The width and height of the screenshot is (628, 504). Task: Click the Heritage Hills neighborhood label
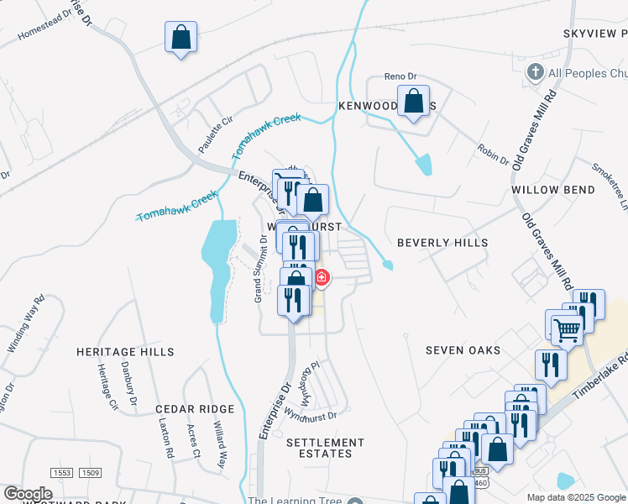125,352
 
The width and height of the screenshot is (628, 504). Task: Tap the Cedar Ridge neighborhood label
195,409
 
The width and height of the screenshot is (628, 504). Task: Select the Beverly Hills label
442,243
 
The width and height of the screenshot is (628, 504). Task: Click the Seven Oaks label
463,350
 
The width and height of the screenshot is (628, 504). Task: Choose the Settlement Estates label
325,448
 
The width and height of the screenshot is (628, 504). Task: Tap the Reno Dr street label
400,77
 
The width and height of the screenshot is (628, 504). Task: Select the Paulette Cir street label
214,134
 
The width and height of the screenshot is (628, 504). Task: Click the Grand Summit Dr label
260,268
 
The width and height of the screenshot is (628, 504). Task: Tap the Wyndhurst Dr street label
310,415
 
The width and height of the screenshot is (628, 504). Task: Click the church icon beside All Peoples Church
533,72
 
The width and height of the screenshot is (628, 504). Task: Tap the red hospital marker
321,277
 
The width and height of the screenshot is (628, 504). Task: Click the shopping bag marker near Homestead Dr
181,38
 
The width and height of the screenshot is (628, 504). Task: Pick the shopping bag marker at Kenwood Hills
413,102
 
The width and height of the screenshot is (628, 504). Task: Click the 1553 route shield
60,474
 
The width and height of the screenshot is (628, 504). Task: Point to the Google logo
29,494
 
